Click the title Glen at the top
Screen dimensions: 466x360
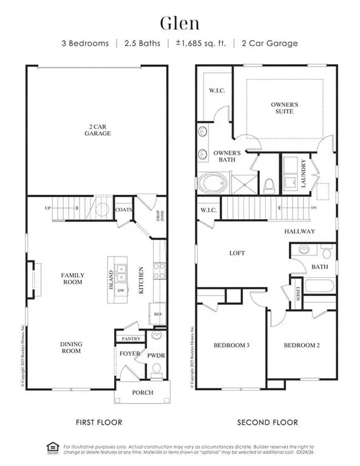pyautogui.click(x=180, y=22)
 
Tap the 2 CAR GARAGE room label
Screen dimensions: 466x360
pyautogui.click(x=97, y=130)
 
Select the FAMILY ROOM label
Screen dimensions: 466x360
pyautogui.click(x=72, y=279)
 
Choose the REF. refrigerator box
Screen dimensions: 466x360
pyautogui.click(x=156, y=314)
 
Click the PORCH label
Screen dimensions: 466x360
pyautogui.click(x=143, y=393)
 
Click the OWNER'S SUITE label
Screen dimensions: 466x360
pyautogui.click(x=282, y=108)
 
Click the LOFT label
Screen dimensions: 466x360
pyautogui.click(x=237, y=253)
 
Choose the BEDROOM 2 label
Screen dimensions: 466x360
pyautogui.click(x=301, y=346)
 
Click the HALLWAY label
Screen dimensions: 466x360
pyautogui.click(x=299, y=232)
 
